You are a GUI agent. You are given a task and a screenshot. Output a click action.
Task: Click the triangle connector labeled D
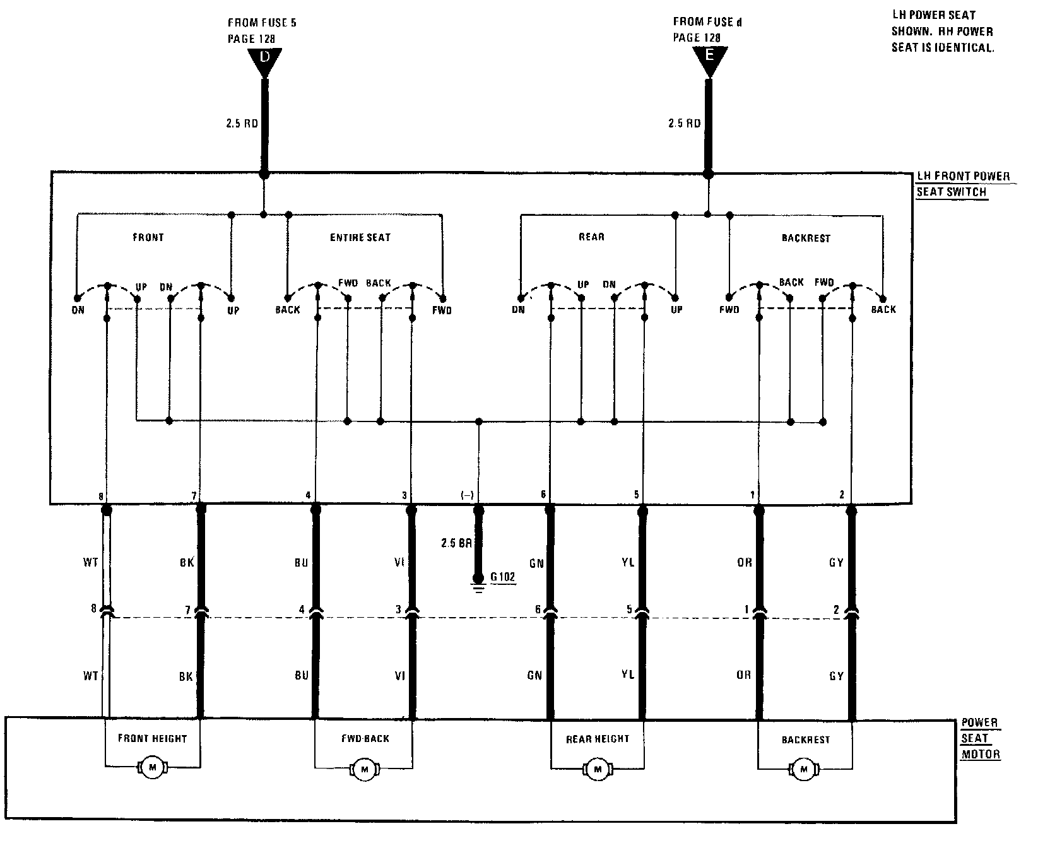coord(265,61)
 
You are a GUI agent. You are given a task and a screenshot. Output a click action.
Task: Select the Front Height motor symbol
coord(151,767)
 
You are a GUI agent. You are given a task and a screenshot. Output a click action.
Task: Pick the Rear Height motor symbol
coord(597,768)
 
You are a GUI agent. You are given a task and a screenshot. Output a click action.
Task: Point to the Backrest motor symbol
coord(803,768)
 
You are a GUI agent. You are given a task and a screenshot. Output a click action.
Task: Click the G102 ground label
coord(503,577)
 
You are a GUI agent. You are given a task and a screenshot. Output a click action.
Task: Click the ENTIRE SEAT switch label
coord(360,238)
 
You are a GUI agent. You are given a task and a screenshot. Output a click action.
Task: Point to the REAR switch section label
coord(591,237)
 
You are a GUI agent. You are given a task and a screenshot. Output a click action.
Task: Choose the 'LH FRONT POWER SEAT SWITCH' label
coord(962,184)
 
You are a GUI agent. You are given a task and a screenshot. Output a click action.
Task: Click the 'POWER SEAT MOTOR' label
coord(980,738)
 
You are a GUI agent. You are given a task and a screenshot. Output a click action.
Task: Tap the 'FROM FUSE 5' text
coord(262,23)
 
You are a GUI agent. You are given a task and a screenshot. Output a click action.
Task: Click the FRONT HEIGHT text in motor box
coord(152,738)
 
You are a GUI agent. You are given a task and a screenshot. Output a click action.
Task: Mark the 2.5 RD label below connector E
coord(684,124)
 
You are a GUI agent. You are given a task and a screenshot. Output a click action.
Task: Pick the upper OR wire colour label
coord(745,562)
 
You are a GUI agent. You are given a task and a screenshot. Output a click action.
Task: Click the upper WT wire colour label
coord(91,562)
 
